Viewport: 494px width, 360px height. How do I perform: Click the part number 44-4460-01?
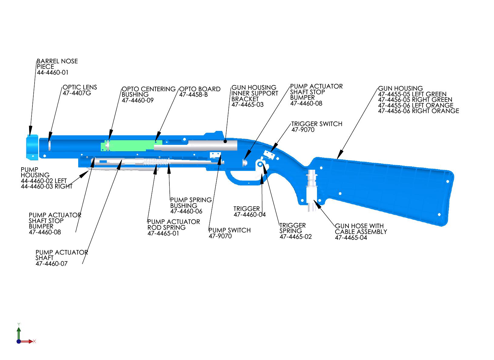[52, 73]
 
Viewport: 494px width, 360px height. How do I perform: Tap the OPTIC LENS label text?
[80, 87]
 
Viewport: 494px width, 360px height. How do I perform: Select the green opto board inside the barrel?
[130, 145]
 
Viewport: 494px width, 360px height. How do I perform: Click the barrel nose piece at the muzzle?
[32, 147]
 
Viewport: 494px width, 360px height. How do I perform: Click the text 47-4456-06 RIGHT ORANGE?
[419, 111]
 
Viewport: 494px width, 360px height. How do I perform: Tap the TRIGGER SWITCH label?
[317, 124]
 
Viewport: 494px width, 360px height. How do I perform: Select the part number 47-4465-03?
[248, 105]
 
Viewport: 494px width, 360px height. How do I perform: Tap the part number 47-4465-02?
[295, 237]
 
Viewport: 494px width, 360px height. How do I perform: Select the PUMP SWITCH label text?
[230, 230]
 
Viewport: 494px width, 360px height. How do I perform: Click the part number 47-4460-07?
[52, 264]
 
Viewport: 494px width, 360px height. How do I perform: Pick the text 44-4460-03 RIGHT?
[47, 186]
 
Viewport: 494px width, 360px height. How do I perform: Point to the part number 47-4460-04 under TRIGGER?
[250, 215]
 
